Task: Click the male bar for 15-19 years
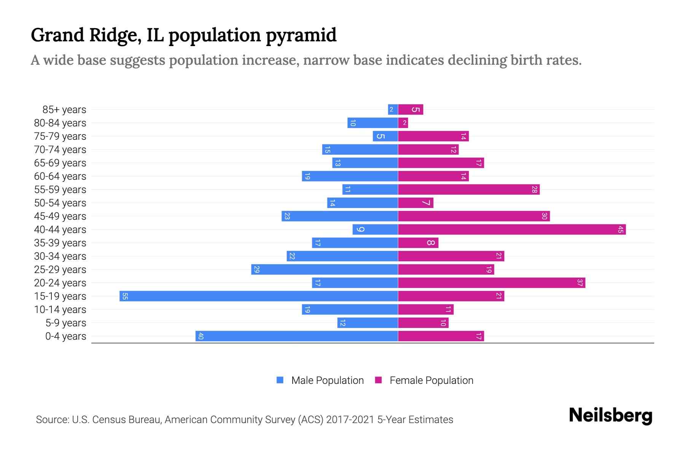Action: coord(259,296)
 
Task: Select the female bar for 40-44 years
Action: coord(512,230)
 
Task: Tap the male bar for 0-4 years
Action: coord(297,336)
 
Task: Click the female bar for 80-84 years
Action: coord(403,123)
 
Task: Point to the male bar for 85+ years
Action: coord(393,110)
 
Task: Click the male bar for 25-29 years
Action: coord(325,270)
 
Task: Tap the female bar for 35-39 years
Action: coord(418,243)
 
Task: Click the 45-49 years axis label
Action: coord(60,216)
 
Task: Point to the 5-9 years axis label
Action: coord(65,323)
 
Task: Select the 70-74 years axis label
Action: coord(60,150)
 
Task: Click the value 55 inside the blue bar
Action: coord(125,296)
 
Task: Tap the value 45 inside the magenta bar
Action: coord(620,230)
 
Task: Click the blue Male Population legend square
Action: coord(280,380)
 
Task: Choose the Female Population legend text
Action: coord(431,380)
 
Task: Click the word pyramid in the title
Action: coord(301,35)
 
